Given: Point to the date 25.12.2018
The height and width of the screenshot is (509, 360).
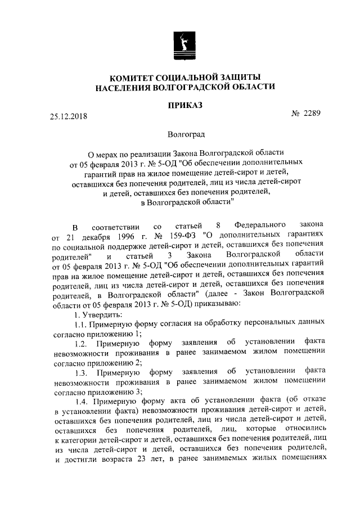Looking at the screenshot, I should pyautogui.click(x=69, y=117).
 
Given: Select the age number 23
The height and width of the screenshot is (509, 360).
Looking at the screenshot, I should pyautogui.click(x=138, y=458).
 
